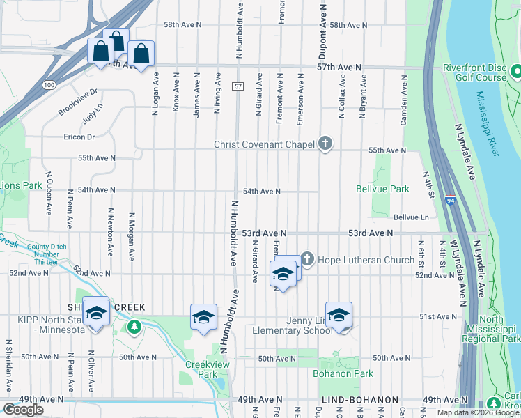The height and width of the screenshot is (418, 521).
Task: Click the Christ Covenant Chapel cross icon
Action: (325, 144)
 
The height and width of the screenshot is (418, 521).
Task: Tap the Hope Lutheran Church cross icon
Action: (306, 260)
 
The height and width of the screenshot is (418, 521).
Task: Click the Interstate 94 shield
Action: (450, 200)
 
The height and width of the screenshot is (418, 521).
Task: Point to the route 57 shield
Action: (238, 86)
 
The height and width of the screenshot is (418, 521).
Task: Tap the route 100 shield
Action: (48, 85)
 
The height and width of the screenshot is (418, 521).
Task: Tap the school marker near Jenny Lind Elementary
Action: (339, 316)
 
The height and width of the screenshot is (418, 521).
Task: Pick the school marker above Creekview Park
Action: (203, 317)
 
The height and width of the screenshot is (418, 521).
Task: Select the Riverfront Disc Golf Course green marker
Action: (516, 71)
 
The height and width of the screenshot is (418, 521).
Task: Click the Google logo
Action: (24, 410)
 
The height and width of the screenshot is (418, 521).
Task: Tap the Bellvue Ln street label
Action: (410, 217)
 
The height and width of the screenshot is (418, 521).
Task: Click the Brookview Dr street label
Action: (78, 102)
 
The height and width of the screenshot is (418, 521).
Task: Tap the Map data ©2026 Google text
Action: (477, 412)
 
